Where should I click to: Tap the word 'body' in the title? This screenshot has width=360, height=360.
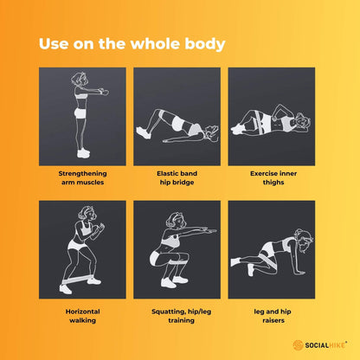[x=205, y=44]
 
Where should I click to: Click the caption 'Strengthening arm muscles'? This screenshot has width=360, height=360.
[x=82, y=177]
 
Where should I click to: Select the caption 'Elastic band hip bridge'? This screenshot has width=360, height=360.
[x=177, y=177]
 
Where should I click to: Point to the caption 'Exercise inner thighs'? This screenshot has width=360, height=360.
[x=273, y=177]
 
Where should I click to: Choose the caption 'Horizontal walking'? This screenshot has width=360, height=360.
[x=82, y=316]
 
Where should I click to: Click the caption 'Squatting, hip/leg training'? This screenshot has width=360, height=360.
[x=181, y=316]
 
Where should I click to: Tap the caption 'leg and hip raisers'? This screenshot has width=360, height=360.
[x=273, y=316]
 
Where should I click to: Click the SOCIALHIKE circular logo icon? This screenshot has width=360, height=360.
[x=298, y=345]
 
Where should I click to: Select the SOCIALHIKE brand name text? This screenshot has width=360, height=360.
[x=325, y=345]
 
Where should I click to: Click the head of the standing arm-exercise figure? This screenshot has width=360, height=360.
[x=80, y=79]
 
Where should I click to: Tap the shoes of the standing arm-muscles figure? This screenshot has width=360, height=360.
[x=83, y=153]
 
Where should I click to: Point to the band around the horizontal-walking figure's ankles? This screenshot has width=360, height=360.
[x=78, y=280]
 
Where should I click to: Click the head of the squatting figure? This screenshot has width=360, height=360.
[x=176, y=221]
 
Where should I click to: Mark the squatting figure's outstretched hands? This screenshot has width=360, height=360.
[x=209, y=230]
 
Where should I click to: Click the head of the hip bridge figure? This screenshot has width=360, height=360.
[x=211, y=132]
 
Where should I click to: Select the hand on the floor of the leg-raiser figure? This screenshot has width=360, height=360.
[x=299, y=272]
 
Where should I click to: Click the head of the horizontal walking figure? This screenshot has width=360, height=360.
[x=87, y=214]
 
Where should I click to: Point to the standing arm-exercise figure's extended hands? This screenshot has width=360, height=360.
[x=104, y=91]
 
